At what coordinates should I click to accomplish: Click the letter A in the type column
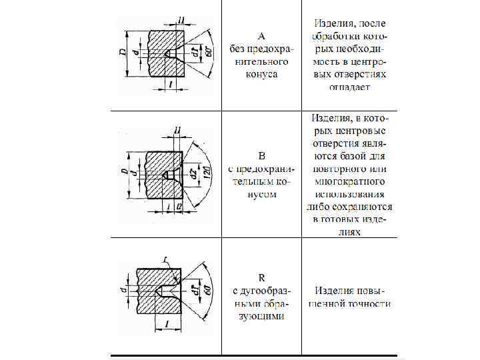(x=261, y=35)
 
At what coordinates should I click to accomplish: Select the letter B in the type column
(x=262, y=156)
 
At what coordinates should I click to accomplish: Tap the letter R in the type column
(x=261, y=277)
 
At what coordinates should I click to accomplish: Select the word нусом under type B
(x=262, y=194)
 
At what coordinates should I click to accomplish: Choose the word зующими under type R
(x=261, y=315)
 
